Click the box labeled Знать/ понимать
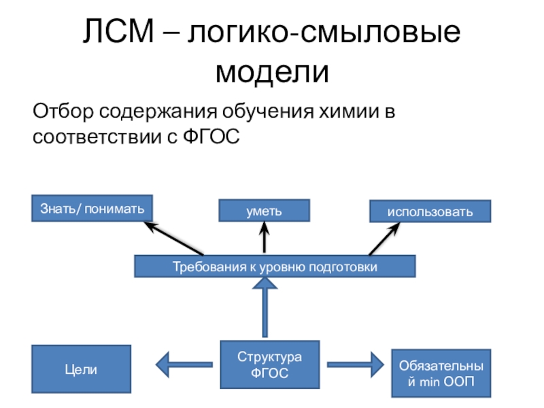pos(92,208)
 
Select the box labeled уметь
pos(264,211)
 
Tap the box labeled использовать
pos(430,211)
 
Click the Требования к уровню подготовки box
pos(274,267)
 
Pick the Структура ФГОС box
pos(269,365)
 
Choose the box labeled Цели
pos(82,370)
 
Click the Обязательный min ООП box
pos(441,373)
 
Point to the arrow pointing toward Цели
pos(184,362)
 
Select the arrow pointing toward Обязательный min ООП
pos(354,362)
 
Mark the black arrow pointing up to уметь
pos(263,238)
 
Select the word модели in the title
pos(271,70)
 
